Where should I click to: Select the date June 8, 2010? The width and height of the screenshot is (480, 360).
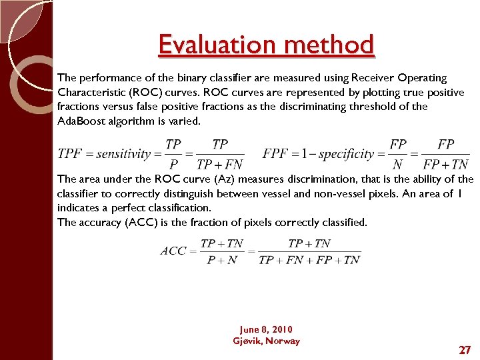[x=265, y=329]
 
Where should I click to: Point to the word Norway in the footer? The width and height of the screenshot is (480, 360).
[x=283, y=341]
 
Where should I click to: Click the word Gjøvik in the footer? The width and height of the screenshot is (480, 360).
[x=247, y=341]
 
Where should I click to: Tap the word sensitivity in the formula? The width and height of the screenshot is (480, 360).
[x=124, y=154]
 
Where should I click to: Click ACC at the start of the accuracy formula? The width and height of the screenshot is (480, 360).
[x=173, y=251]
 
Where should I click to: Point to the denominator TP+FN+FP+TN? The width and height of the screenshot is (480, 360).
[x=309, y=259]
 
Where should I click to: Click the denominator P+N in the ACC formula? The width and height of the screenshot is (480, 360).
[x=222, y=259]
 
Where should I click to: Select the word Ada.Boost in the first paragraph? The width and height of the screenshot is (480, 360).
[x=81, y=121]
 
